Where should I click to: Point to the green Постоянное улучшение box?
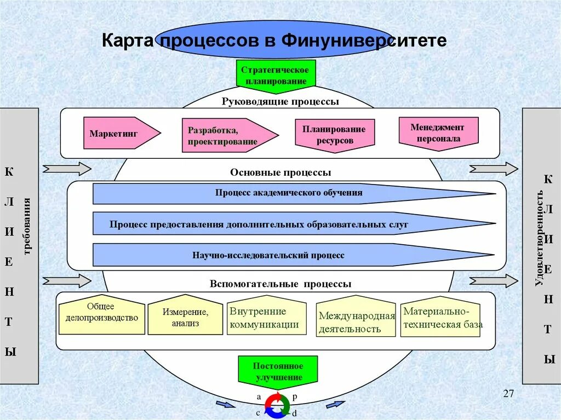click(x=278, y=371)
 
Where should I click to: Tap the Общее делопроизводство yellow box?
click(x=102, y=315)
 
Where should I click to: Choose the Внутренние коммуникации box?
click(x=266, y=318)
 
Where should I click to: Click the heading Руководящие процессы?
click(x=280, y=101)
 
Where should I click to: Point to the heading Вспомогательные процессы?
click(x=280, y=284)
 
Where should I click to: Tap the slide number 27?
click(x=508, y=394)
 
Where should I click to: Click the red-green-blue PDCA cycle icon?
click(x=277, y=405)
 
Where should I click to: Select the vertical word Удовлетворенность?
click(x=540, y=238)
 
